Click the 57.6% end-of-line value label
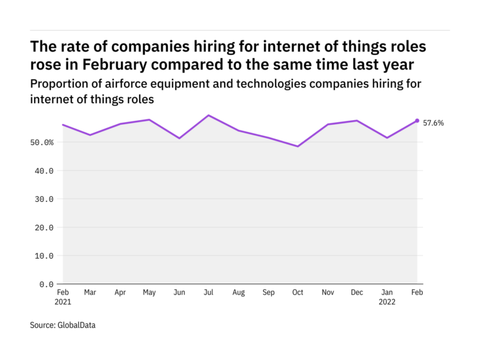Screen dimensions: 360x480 pyautogui.click(x=434, y=123)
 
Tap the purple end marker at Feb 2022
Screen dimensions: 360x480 pyautogui.click(x=417, y=120)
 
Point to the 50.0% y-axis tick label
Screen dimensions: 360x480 pyautogui.click(x=41, y=142)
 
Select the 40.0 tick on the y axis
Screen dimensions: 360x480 pyautogui.click(x=44, y=171)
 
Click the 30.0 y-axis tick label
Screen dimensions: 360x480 pyautogui.click(x=44, y=199)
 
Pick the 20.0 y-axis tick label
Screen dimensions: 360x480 pyautogui.click(x=44, y=227)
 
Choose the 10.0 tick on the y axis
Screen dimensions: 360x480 pyautogui.click(x=44, y=256)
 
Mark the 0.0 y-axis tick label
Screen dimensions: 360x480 pyautogui.click(x=46, y=284)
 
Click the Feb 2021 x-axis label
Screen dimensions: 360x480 pyautogui.click(x=63, y=297)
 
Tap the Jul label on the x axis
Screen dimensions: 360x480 pyautogui.click(x=209, y=293)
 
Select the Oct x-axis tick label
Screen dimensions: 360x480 pyautogui.click(x=298, y=293)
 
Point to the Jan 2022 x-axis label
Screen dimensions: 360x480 pyautogui.click(x=387, y=297)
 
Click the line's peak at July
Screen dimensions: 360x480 pyautogui.click(x=209, y=115)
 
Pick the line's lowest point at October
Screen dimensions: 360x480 pyautogui.click(x=298, y=146)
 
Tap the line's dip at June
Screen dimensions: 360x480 pyautogui.click(x=180, y=138)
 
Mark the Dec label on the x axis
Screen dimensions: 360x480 pyautogui.click(x=357, y=293)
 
